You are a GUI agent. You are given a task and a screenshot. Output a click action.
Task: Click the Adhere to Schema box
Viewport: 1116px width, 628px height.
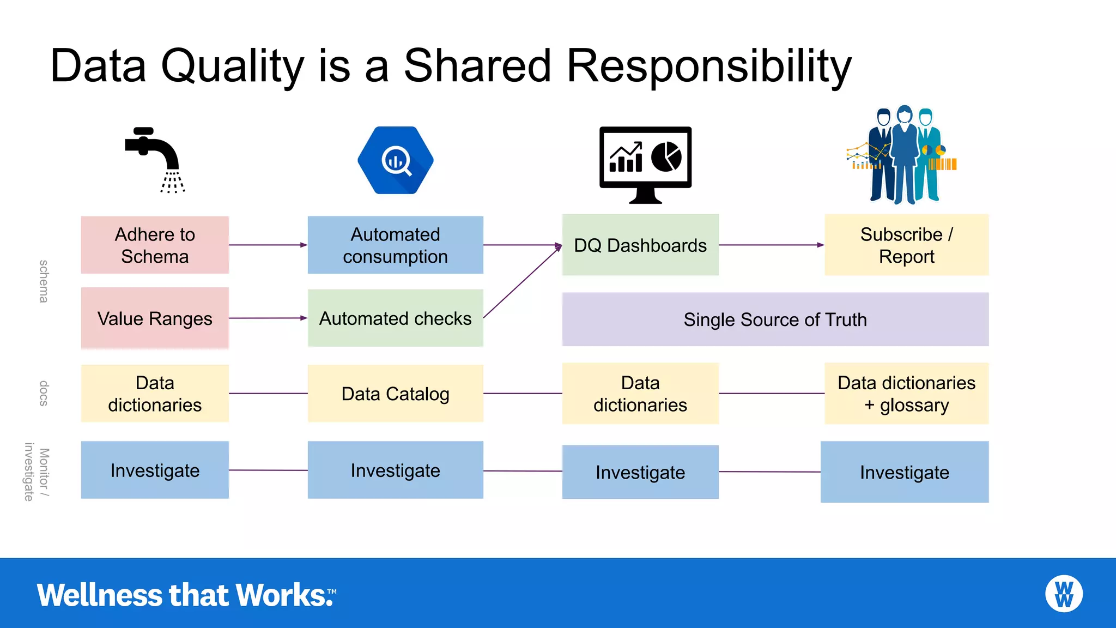click(x=155, y=245)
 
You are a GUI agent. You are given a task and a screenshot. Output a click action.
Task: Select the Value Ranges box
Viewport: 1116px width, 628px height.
click(x=155, y=318)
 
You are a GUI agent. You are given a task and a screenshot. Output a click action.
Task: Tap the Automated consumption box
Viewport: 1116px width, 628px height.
click(x=395, y=245)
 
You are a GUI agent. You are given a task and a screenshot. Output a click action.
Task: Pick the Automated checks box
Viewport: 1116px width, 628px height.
click(x=395, y=318)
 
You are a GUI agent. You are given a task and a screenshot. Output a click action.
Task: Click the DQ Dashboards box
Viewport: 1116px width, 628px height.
click(x=640, y=245)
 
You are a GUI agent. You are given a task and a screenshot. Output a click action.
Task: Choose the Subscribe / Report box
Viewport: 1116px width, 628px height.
click(x=906, y=245)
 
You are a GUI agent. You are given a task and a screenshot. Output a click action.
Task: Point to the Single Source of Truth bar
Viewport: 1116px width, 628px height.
click(x=775, y=319)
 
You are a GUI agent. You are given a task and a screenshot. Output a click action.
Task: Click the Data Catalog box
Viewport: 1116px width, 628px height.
click(x=395, y=394)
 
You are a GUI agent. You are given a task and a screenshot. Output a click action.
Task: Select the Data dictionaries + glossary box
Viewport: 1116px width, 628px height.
click(x=906, y=394)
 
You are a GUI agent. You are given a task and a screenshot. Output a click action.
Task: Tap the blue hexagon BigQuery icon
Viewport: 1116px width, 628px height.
click(x=396, y=160)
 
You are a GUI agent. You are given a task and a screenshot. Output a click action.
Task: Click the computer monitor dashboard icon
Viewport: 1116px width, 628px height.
click(x=645, y=164)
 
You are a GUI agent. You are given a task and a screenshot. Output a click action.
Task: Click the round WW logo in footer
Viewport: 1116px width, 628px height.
click(x=1064, y=594)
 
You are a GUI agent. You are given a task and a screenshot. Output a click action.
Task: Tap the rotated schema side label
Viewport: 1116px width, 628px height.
click(x=44, y=281)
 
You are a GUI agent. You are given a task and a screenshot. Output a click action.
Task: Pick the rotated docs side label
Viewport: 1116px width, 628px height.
click(x=44, y=394)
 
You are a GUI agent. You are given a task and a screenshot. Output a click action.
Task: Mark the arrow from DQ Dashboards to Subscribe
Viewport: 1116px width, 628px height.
click(x=771, y=245)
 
